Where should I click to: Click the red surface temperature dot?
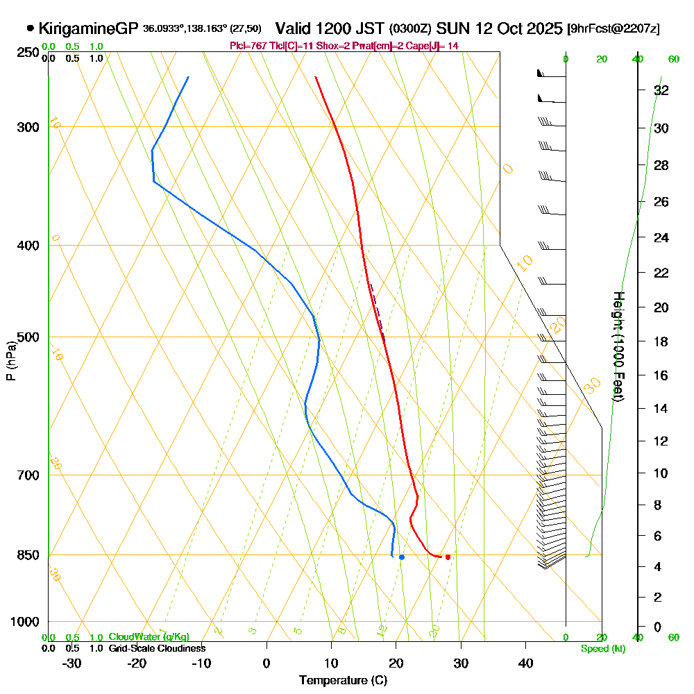click(x=448, y=557)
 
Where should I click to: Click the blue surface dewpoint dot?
click(x=401, y=557)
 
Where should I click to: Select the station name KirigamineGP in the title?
click(x=90, y=28)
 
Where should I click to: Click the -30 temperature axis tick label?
click(x=72, y=663)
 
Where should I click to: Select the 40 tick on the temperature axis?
click(x=526, y=663)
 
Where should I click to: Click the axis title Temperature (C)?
click(x=343, y=680)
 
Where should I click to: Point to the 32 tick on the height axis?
click(x=661, y=90)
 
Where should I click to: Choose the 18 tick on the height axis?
click(x=661, y=341)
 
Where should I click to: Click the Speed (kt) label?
click(x=602, y=649)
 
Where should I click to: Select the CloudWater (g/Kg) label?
click(x=148, y=637)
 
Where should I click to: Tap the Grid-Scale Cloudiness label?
click(x=156, y=648)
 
